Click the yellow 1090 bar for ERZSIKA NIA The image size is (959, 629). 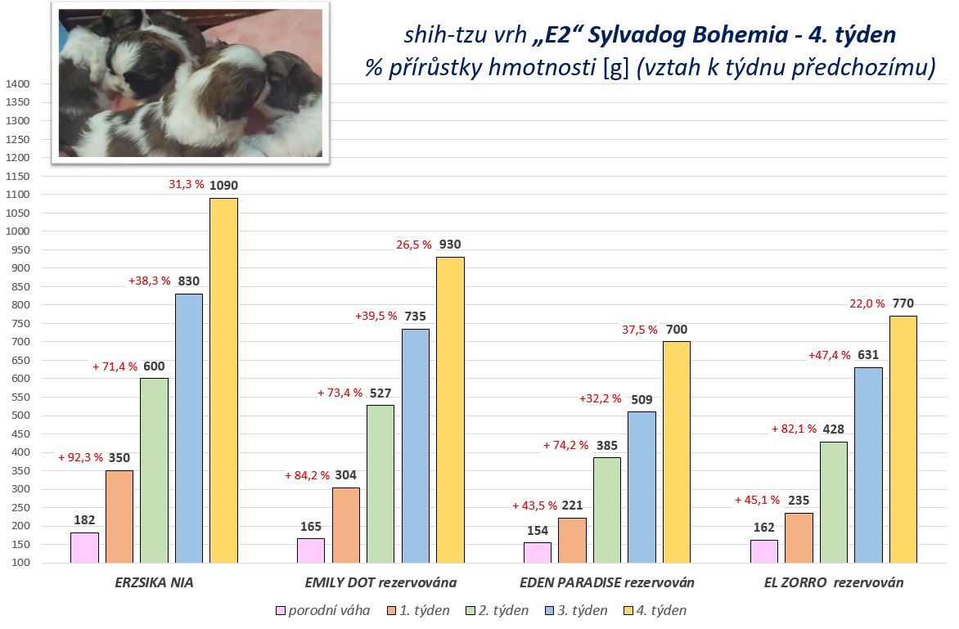(223, 380)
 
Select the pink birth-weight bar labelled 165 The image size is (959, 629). (311, 550)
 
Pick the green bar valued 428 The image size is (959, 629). (834, 502)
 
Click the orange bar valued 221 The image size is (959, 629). (572, 540)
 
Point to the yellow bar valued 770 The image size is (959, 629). (903, 439)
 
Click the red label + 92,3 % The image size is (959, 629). (80, 457)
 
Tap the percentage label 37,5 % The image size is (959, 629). (639, 330)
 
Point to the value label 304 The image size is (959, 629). (345, 475)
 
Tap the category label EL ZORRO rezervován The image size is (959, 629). (832, 582)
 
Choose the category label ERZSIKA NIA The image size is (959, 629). (154, 582)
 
